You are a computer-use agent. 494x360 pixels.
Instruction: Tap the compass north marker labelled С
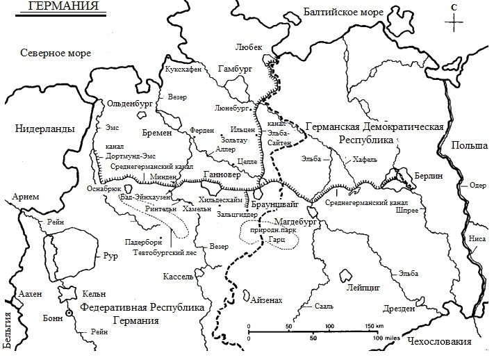(x=454, y=7)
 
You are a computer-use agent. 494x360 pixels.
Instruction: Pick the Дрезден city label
(x=397, y=306)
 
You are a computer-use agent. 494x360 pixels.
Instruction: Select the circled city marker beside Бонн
(x=69, y=313)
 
